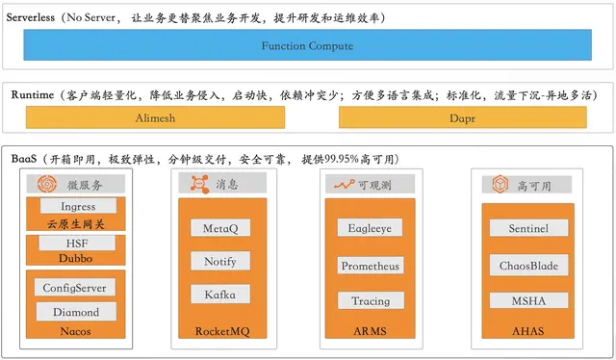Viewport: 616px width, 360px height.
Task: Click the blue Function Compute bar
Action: (x=308, y=45)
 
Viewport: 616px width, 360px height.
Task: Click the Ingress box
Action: (x=78, y=205)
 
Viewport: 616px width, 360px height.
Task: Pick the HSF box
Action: (x=78, y=243)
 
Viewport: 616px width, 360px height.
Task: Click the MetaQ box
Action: (x=220, y=228)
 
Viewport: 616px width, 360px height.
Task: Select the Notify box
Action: (x=220, y=262)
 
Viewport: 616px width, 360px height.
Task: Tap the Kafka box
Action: (x=220, y=295)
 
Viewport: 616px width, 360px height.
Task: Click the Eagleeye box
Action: (x=370, y=228)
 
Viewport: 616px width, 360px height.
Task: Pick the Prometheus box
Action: (x=370, y=265)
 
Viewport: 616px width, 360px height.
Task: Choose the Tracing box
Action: (x=370, y=300)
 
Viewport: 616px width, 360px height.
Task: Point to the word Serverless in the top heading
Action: (x=36, y=17)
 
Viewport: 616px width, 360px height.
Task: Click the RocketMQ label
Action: (x=221, y=331)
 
